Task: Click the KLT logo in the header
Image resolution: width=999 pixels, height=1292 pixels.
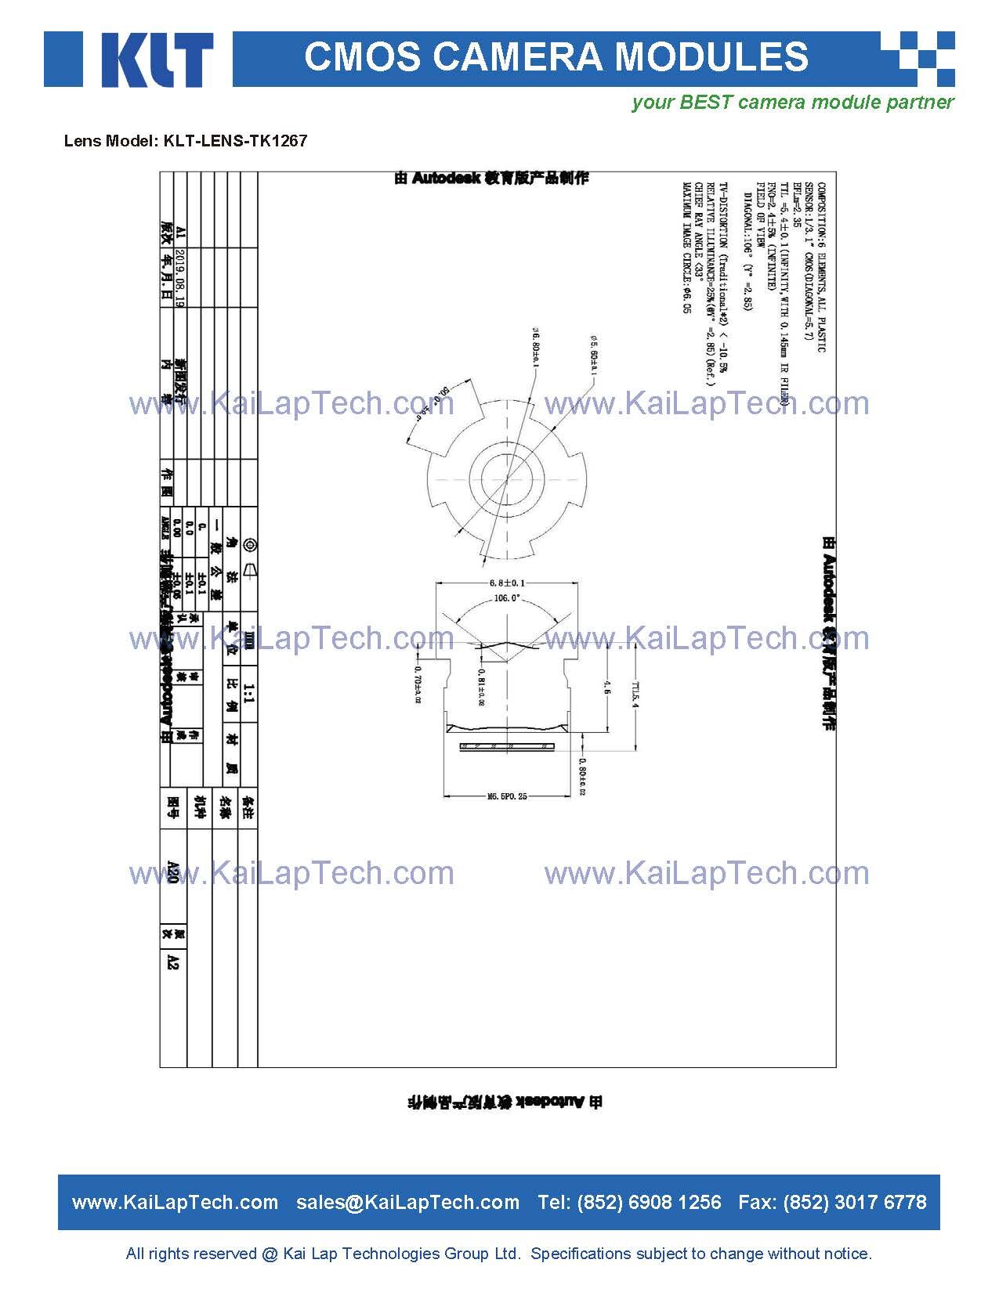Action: (x=128, y=60)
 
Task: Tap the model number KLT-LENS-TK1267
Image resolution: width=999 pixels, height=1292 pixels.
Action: (x=235, y=141)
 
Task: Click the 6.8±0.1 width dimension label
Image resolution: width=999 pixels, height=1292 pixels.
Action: (x=507, y=583)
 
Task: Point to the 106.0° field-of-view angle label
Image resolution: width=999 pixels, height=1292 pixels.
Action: (x=507, y=598)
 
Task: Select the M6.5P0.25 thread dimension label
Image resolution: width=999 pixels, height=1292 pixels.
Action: (x=507, y=796)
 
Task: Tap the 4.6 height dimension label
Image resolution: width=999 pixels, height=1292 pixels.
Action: (x=607, y=688)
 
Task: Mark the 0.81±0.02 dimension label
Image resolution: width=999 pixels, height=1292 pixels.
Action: (x=480, y=686)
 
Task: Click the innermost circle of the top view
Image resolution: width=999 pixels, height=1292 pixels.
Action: (x=507, y=478)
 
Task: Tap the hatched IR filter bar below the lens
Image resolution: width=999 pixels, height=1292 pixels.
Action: (x=507, y=747)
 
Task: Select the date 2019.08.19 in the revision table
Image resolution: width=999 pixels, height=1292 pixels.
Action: (x=179, y=278)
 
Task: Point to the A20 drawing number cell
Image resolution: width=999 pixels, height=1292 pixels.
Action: (x=173, y=872)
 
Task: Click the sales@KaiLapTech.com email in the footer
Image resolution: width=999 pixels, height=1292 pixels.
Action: (x=407, y=1202)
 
